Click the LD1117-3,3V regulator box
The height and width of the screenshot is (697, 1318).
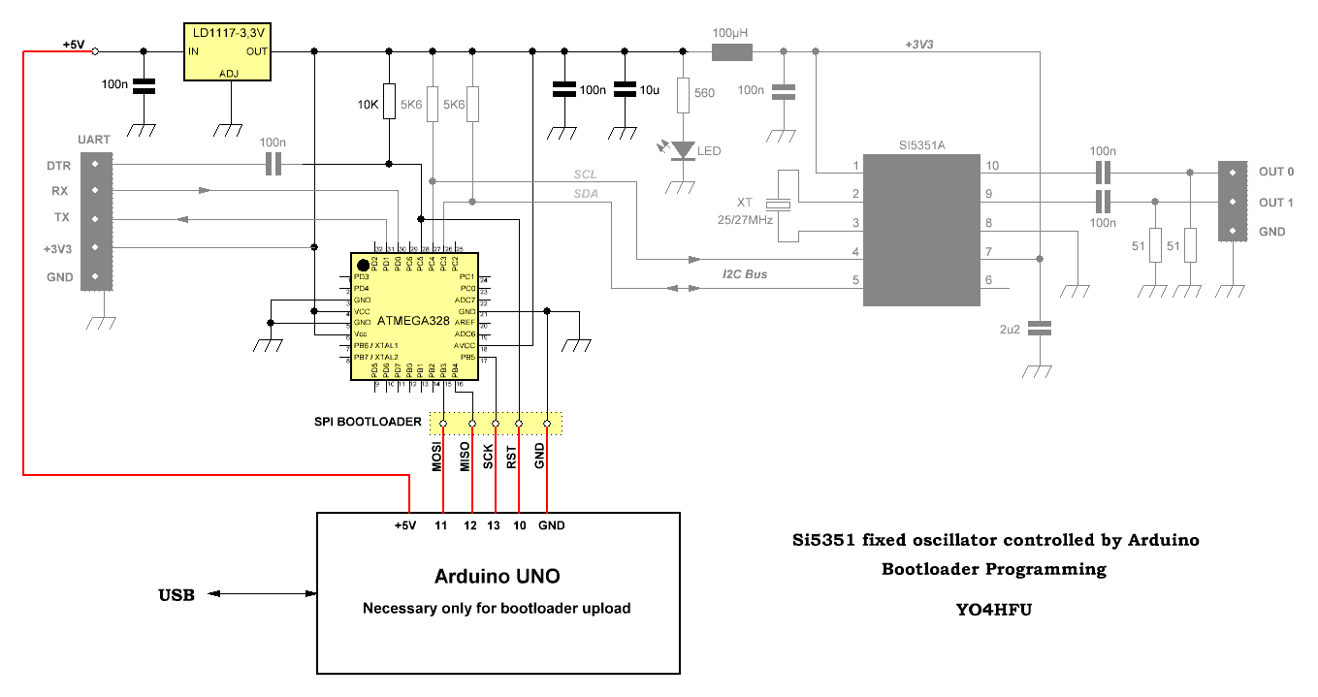pos(228,51)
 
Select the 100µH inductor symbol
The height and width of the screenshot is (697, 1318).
pos(732,51)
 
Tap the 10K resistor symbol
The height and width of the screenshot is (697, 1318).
pos(389,102)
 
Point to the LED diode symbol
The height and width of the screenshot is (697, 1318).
pos(685,150)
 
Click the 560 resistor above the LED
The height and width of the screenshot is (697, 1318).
pos(683,94)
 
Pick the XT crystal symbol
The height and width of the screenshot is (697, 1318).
pos(779,205)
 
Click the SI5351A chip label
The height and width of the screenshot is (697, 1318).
pos(921,145)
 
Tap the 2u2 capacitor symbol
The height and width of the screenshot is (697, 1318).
pos(1039,330)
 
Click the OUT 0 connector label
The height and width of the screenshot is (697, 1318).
pos(1276,173)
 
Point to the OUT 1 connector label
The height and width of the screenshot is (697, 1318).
pos(1276,203)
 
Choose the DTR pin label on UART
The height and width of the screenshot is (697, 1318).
pos(59,166)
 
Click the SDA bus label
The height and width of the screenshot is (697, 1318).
pos(586,194)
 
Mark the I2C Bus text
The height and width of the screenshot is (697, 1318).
pos(745,274)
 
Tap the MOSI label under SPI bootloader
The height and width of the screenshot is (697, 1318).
pos(437,457)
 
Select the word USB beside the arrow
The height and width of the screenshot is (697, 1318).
pos(177,594)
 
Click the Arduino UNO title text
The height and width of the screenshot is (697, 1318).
pos(497,576)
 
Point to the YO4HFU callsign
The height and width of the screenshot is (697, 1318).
pos(992,611)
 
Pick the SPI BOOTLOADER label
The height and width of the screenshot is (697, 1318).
pos(368,422)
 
